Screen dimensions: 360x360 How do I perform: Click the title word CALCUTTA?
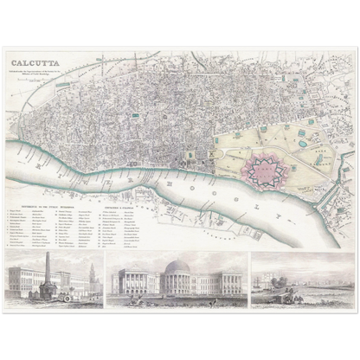tap(35, 63)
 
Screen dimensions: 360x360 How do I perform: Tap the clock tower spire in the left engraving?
tap(90, 274)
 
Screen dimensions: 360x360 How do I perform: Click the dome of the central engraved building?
tap(177, 266)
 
